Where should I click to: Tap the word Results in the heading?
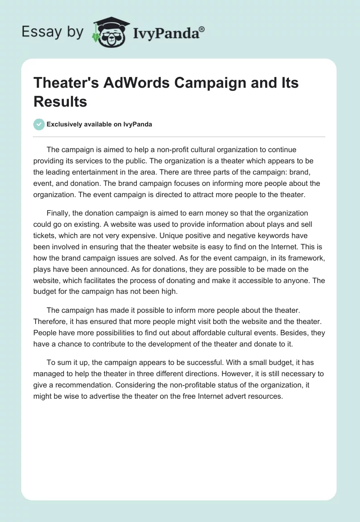tap(60, 101)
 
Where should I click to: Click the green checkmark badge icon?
tap(39, 125)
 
